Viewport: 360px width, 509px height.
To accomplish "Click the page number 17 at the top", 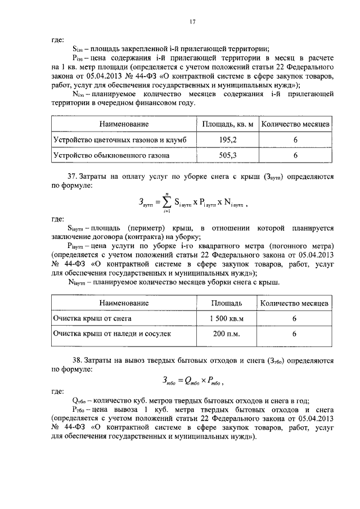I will click(192, 22).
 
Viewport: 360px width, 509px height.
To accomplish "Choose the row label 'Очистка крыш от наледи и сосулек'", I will click(112, 334).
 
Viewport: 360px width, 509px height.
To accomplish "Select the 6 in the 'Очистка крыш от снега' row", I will click(294, 318).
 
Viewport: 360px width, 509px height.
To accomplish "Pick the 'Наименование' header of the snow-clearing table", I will click(124, 303).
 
